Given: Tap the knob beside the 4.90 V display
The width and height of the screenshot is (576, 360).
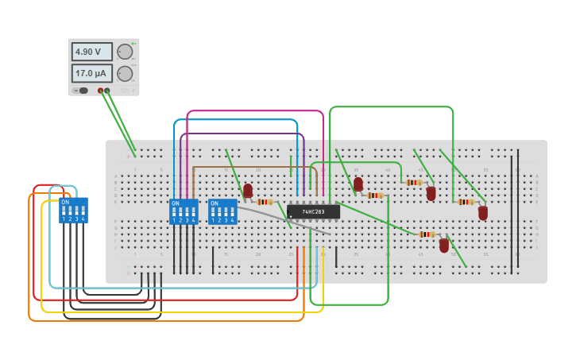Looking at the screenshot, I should [x=125, y=52].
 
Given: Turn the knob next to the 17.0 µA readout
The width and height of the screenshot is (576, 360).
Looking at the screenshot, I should [x=125, y=73].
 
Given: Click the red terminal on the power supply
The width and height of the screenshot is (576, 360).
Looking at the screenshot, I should [x=101, y=91].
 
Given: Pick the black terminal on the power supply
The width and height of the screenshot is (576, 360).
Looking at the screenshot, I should [x=108, y=91].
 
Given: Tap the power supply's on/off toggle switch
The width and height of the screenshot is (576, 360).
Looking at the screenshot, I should [x=83, y=91].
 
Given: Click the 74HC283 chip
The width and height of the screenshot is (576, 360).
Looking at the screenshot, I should [x=313, y=211].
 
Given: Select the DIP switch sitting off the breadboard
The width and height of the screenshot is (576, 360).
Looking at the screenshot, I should [x=73, y=211].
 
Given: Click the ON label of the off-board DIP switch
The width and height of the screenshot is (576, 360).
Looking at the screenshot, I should [x=65, y=202].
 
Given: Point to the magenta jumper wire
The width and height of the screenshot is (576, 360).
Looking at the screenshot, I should [x=254, y=111].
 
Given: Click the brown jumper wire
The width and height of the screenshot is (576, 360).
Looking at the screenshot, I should [x=254, y=168].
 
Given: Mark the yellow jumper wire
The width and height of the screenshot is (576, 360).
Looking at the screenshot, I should [x=183, y=312].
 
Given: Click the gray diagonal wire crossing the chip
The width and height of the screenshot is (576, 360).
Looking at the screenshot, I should [x=286, y=219].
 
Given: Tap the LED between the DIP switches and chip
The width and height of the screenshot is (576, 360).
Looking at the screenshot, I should [x=248, y=191].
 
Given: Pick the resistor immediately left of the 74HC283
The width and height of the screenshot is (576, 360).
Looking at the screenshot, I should [x=265, y=202].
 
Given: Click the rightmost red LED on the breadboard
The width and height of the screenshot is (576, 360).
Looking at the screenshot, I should [x=483, y=212].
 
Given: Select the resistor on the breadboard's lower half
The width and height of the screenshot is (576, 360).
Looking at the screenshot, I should [x=427, y=234].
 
